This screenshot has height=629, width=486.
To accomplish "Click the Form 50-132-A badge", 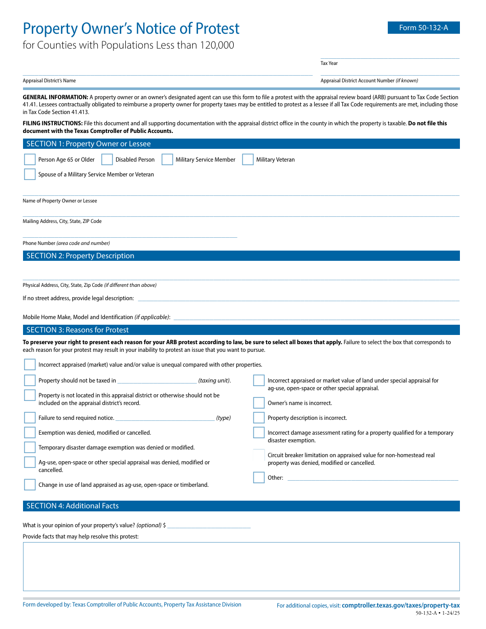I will pyautogui.click(x=423, y=28).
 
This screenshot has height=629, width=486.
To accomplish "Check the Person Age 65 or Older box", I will pyautogui.click(x=30, y=160).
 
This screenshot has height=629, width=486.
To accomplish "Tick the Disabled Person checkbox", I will pyautogui.click(x=107, y=160).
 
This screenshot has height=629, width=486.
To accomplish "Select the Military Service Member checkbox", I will pyautogui.click(x=167, y=160).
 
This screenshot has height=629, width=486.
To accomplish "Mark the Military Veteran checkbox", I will pyautogui.click(x=248, y=160).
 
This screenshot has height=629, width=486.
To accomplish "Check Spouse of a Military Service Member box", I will pyautogui.click(x=30, y=174).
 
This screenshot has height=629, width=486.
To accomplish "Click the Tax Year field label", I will pyautogui.click(x=329, y=63).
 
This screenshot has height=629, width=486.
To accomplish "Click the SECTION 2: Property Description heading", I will pyautogui.click(x=80, y=256).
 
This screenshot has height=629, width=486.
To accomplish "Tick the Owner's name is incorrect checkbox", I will pyautogui.click(x=259, y=403).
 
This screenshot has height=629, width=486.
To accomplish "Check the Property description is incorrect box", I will pyautogui.click(x=259, y=418).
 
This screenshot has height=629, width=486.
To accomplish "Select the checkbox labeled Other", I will pyautogui.click(x=259, y=478).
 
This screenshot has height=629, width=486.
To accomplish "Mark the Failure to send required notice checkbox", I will pyautogui.click(x=30, y=418).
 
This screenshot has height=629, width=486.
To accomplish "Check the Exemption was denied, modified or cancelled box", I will pyautogui.click(x=30, y=433).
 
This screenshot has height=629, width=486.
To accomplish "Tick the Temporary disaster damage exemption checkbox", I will pyautogui.click(x=30, y=447).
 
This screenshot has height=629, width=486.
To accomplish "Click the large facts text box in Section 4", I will pyautogui.click(x=241, y=566).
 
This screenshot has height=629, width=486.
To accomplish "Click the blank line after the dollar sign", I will pyautogui.click(x=209, y=525).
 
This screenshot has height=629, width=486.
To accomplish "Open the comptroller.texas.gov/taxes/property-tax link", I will pyautogui.click(x=401, y=605).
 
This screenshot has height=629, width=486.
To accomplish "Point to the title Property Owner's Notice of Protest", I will pyautogui.click(x=131, y=29).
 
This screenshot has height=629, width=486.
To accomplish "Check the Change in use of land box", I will pyautogui.click(x=30, y=485).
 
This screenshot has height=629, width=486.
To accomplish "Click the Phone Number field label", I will pyautogui.click(x=66, y=243).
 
